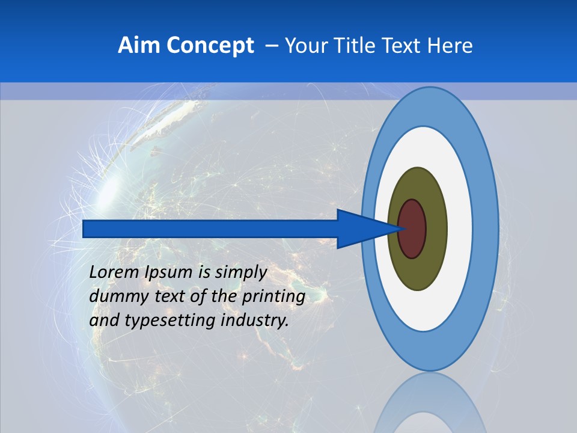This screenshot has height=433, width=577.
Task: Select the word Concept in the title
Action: pos(210,46)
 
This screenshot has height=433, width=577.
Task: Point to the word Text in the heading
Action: pos(404,46)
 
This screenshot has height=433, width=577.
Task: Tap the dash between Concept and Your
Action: pos(271,46)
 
